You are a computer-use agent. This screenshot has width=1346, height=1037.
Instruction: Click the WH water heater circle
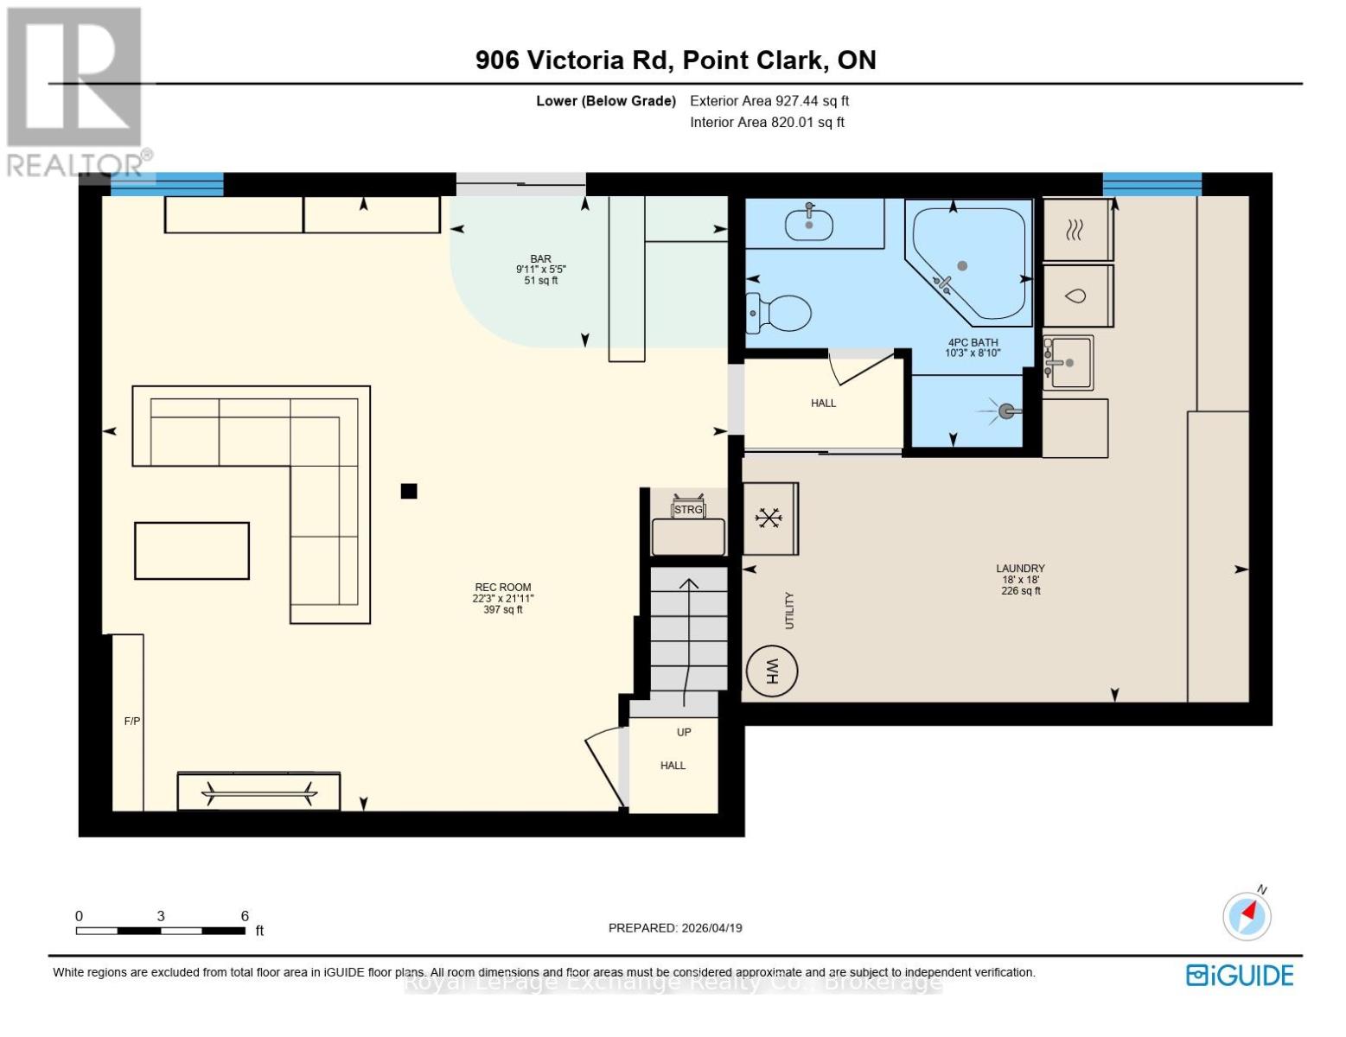(x=771, y=671)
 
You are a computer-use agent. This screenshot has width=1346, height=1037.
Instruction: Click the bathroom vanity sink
(x=809, y=225)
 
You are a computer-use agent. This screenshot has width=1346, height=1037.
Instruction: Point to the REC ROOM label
(x=502, y=588)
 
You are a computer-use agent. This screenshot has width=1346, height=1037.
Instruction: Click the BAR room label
(x=540, y=259)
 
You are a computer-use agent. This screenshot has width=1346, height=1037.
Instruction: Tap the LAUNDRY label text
(x=1020, y=569)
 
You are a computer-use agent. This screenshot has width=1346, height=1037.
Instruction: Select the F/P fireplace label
(x=131, y=721)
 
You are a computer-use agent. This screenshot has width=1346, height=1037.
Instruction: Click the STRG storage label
(x=688, y=510)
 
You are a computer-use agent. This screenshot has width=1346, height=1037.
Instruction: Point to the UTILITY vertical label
(x=788, y=610)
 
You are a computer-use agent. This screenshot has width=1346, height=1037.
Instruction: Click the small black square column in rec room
(x=409, y=491)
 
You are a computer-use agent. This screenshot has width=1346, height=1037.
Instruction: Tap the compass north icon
(x=1247, y=914)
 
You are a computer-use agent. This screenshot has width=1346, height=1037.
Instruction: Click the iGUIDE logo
(x=1240, y=975)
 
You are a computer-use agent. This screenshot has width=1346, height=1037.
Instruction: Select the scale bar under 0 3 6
(x=160, y=931)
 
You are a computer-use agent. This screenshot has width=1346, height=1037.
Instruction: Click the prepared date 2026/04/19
(x=675, y=928)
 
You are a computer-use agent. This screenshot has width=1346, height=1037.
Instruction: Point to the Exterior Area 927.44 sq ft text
(x=769, y=101)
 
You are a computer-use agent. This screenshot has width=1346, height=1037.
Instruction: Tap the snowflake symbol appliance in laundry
(x=769, y=518)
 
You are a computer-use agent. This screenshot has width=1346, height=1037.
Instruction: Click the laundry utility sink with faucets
(x=1069, y=362)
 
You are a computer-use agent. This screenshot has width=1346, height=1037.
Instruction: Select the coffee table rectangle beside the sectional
(x=192, y=550)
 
